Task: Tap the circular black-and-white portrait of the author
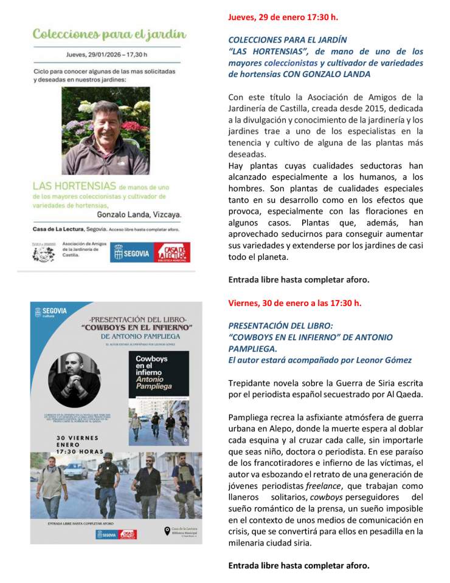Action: click(74, 380)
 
